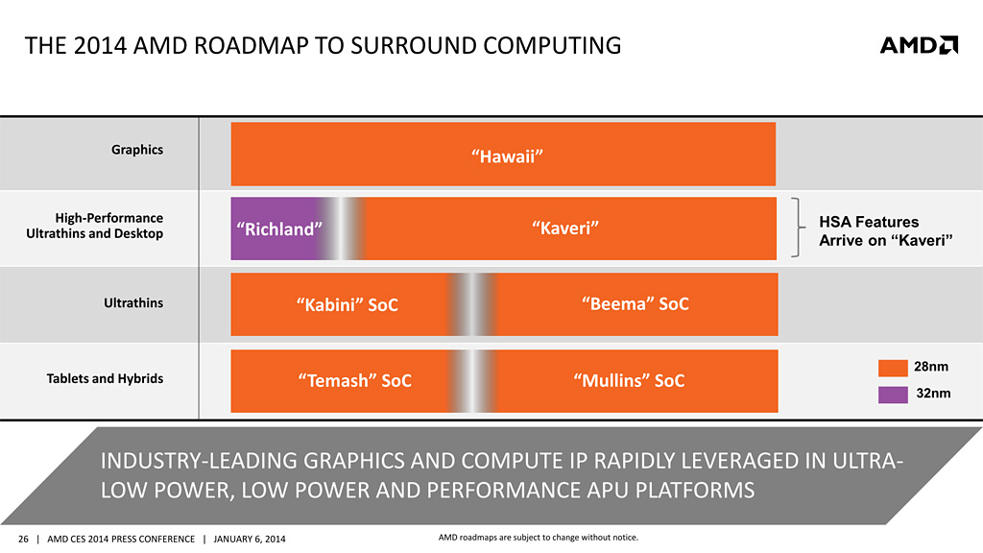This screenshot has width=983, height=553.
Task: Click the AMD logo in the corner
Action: click(x=918, y=44)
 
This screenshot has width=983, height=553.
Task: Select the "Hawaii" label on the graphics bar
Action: click(x=502, y=156)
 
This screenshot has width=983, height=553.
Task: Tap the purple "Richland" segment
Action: click(x=277, y=228)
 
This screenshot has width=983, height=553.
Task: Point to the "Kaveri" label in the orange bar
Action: click(x=565, y=228)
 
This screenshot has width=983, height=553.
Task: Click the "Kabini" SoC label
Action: click(x=348, y=304)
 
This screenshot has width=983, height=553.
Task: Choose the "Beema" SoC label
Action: click(x=635, y=303)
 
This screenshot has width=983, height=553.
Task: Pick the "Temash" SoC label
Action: click(x=354, y=380)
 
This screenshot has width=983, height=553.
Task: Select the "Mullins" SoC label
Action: click(x=629, y=380)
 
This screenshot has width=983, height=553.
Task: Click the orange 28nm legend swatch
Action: click(x=893, y=368)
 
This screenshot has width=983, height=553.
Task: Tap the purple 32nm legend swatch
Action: click(x=893, y=393)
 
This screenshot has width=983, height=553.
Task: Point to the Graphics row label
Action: click(x=137, y=150)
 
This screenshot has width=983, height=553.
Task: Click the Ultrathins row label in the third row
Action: click(x=133, y=303)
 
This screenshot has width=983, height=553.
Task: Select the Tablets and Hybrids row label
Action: click(x=106, y=378)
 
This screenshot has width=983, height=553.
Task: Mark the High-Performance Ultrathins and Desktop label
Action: click(x=106, y=226)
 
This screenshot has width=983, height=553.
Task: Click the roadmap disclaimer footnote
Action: click(x=531, y=537)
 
